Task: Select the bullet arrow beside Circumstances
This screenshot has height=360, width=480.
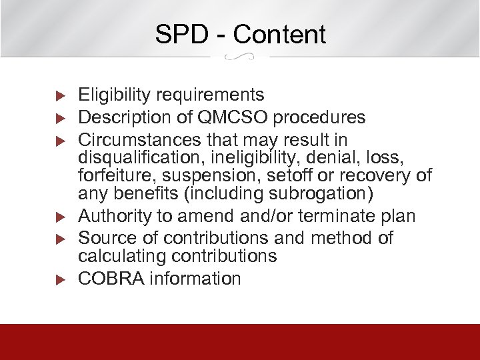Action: (x=59, y=141)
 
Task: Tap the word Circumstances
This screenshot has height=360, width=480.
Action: (x=136, y=140)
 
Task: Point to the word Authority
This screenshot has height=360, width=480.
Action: (x=115, y=217)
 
